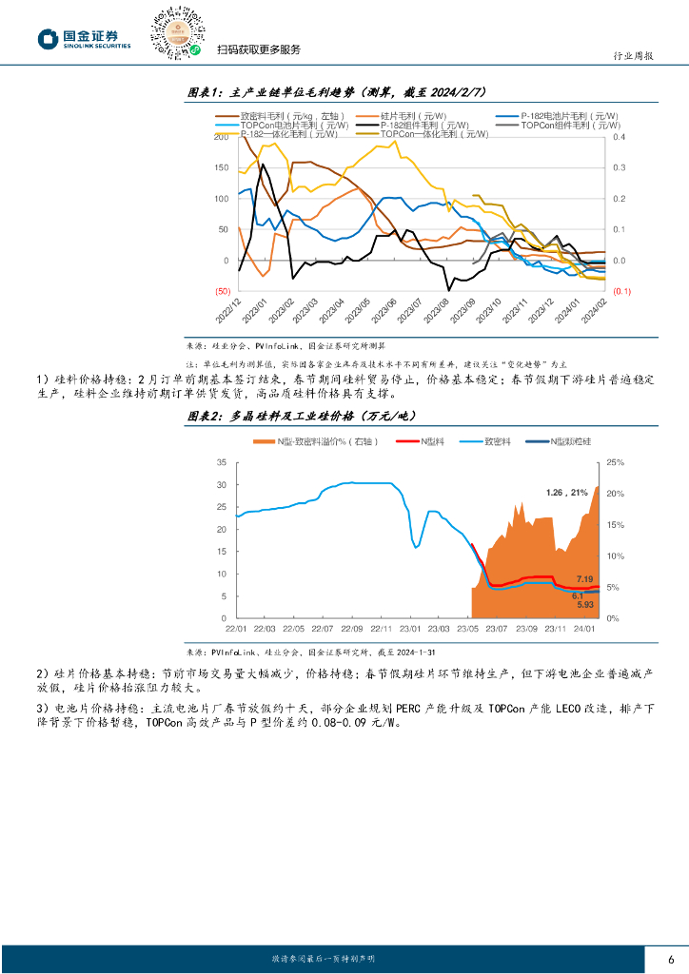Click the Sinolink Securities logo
pyautogui.click(x=84, y=38)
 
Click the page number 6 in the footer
pyautogui.click(x=671, y=957)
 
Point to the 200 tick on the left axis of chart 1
pyautogui.click(x=221, y=137)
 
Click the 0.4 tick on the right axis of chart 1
pyautogui.click(x=620, y=137)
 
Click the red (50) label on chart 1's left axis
pyautogui.click(x=222, y=291)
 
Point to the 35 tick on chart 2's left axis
pyautogui.click(x=220, y=462)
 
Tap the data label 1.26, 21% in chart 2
pyautogui.click(x=567, y=493)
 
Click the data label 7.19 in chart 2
pyautogui.click(x=584, y=579)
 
